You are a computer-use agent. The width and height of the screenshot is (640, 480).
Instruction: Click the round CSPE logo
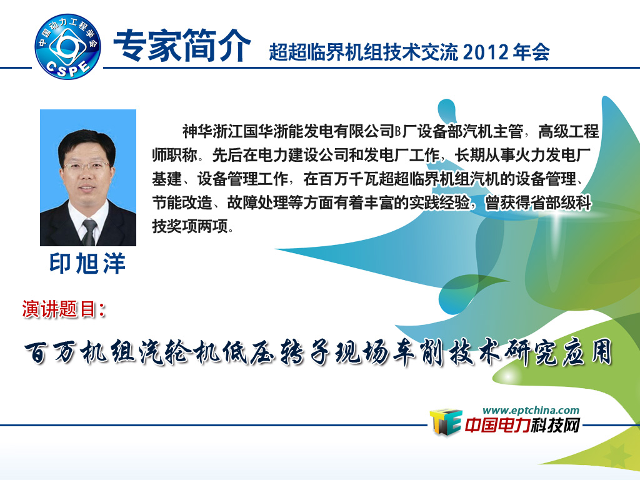tap(67, 46)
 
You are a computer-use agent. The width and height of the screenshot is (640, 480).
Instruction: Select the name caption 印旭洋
tap(87, 263)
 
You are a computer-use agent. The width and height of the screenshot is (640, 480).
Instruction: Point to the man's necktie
tap(89, 232)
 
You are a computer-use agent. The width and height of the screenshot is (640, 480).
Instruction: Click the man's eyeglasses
tap(86, 166)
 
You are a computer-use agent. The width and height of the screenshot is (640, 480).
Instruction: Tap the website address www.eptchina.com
tap(531, 410)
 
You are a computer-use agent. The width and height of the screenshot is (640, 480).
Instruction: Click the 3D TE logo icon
tap(445, 422)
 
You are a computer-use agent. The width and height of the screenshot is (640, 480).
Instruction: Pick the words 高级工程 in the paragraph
tap(568, 131)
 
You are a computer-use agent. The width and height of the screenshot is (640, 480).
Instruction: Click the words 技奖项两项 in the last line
tap(190, 226)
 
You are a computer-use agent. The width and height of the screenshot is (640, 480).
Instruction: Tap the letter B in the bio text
tap(397, 132)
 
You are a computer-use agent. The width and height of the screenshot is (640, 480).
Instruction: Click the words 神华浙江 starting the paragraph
tap(212, 131)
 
